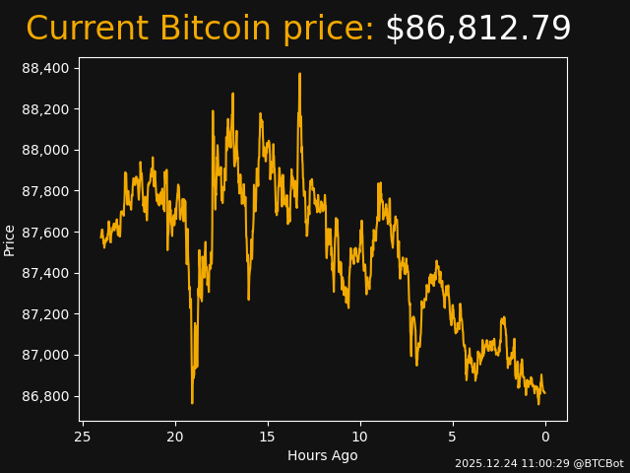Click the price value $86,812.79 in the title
coord(477,30)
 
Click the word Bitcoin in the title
coord(239,30)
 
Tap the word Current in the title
coord(88,30)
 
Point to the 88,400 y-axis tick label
coord(45,68)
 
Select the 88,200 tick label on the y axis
coord(45,108)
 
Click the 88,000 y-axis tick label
coord(45,150)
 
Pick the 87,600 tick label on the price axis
coord(45,232)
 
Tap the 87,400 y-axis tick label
coord(45,273)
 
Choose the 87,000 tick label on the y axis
coord(45,355)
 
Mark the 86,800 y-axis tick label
coord(45,396)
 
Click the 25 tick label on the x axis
coord(83,437)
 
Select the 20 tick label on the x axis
coord(175,437)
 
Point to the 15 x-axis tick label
coord(268,437)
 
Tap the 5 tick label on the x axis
coord(453,437)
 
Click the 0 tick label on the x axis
coord(545,437)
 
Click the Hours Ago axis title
coord(322,455)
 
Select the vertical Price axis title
coord(10,239)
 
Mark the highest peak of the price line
coord(299,74)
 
